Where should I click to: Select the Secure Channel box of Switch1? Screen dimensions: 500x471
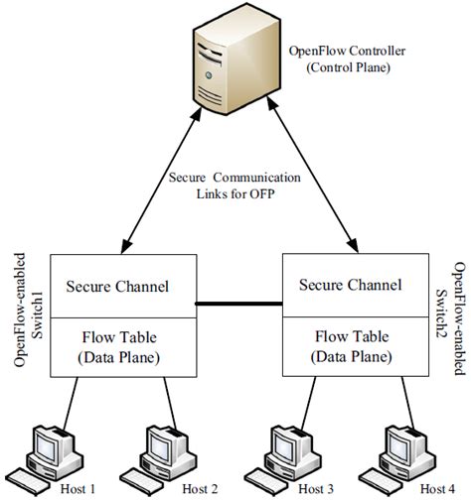tap(117, 287)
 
